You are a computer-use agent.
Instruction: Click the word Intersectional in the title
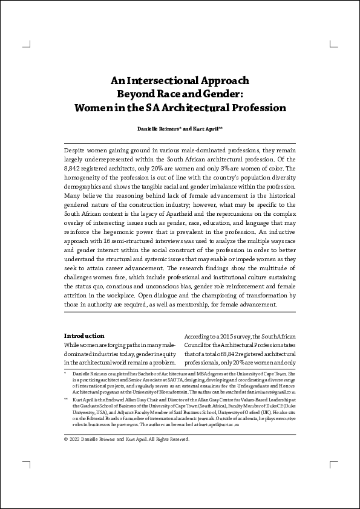[x=162, y=80]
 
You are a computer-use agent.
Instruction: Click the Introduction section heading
[x=84, y=336]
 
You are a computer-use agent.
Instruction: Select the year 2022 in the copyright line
[x=77, y=439]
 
